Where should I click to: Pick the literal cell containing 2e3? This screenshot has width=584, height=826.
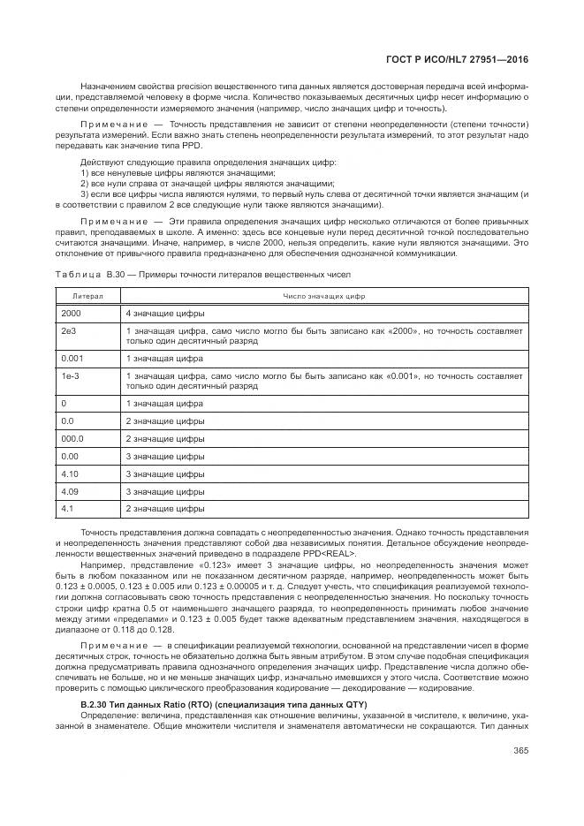pyautogui.click(x=68, y=330)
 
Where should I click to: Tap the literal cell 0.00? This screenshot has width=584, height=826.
pyautogui.click(x=69, y=455)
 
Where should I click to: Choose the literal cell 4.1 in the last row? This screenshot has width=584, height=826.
pyautogui.click(x=67, y=508)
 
